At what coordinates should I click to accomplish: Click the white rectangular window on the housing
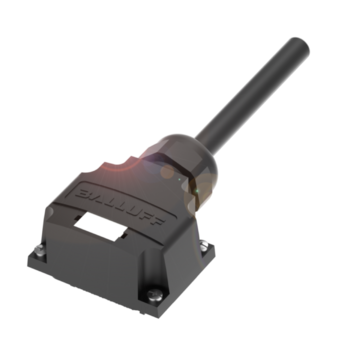tap(100, 226)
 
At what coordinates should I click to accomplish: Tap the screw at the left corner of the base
tap(40, 250)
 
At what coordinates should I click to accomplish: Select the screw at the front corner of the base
tap(155, 295)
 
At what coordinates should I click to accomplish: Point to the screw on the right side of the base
tap(204, 246)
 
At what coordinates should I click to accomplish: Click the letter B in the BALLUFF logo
tap(84, 193)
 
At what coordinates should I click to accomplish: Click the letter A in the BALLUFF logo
tap(97, 197)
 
